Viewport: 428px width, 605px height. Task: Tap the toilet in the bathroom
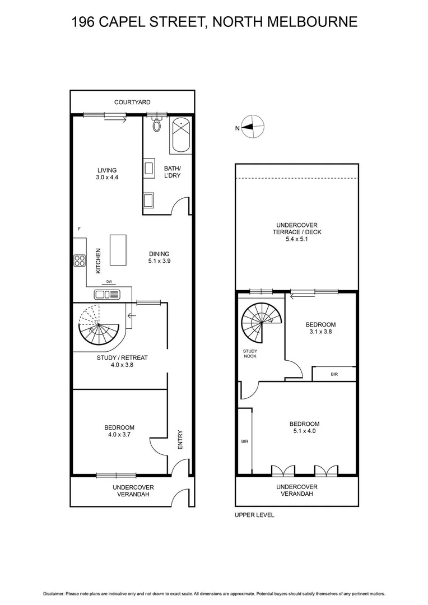(x=157, y=125)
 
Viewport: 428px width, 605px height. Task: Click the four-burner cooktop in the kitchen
(x=79, y=260)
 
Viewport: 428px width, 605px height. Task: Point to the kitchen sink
(x=106, y=295)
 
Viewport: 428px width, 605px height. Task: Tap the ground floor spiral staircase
(x=99, y=326)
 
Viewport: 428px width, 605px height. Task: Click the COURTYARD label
(x=132, y=103)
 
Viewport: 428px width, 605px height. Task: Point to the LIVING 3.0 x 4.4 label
(x=107, y=174)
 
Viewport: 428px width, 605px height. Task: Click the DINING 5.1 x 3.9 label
(x=159, y=257)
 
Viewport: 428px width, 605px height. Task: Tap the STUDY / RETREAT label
(x=122, y=361)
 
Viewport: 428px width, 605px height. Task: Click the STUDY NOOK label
(x=250, y=353)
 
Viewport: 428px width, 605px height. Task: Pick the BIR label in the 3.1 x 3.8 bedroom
(x=334, y=374)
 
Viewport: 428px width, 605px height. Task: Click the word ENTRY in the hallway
(x=180, y=440)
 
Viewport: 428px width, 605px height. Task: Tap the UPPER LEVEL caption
(x=254, y=515)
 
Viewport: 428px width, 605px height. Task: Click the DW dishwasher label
(x=109, y=281)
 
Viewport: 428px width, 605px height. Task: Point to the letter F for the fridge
(x=79, y=229)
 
